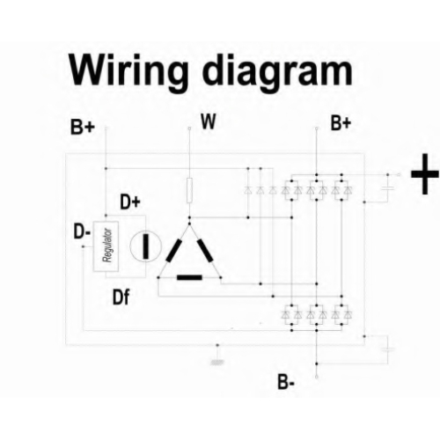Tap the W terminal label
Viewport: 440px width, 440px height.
click(209, 121)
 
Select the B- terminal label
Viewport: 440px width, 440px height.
click(286, 382)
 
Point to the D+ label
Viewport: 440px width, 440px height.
click(130, 202)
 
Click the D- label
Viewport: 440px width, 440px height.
click(82, 231)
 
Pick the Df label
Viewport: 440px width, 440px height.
click(121, 297)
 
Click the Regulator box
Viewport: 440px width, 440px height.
click(106, 246)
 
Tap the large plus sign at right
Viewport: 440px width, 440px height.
click(425, 174)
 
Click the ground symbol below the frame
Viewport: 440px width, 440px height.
click(217, 363)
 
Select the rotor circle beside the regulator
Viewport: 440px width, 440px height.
click(146, 246)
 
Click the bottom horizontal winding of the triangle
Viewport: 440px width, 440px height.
click(189, 277)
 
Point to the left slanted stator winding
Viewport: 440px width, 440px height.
click(173, 251)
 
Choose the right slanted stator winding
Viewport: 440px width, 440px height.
click(205, 251)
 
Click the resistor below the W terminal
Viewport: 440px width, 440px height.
click(189, 190)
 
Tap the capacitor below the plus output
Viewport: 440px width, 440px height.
click(388, 187)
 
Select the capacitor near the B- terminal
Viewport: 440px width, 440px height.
click(388, 349)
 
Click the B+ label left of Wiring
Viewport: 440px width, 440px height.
click(83, 128)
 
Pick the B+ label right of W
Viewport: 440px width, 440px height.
click(341, 123)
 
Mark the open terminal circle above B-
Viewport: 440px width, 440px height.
click(317, 377)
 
